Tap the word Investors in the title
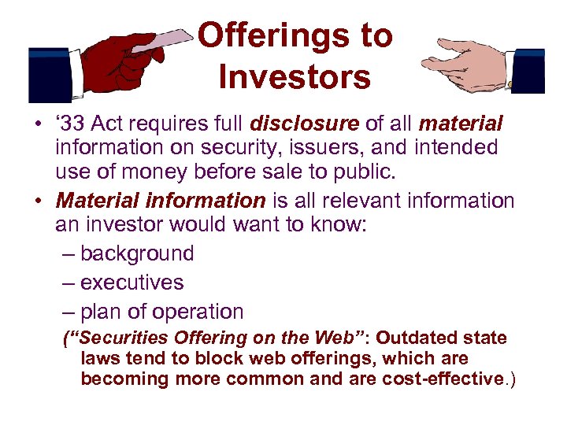click(x=295, y=77)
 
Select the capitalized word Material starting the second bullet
click(x=97, y=201)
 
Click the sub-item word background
click(x=137, y=253)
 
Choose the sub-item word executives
click(x=132, y=283)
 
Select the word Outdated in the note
click(x=418, y=338)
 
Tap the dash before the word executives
click(x=67, y=283)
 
